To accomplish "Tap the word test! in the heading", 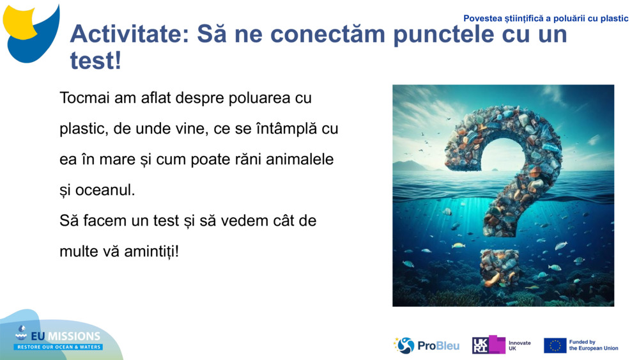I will [95, 61].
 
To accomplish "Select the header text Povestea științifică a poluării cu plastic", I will [546, 19].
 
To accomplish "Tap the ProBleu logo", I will [427, 346].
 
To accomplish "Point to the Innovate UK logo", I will [502, 345].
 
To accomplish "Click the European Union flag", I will [555, 345].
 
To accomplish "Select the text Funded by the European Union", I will [593, 345].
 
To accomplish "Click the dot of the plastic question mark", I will [499, 266].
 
